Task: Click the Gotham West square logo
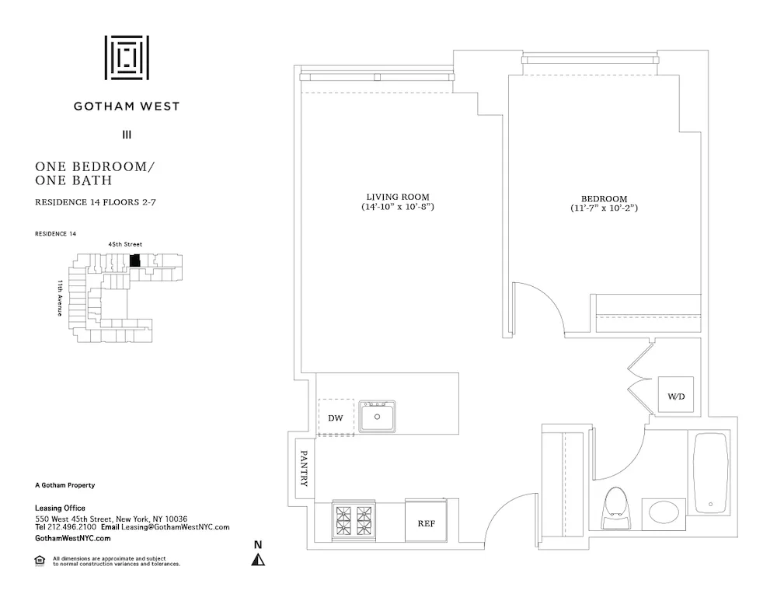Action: pyautogui.click(x=127, y=58)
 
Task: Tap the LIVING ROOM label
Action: pyautogui.click(x=398, y=197)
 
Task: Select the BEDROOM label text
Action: pyautogui.click(x=603, y=199)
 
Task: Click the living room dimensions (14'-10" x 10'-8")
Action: pyautogui.click(x=398, y=208)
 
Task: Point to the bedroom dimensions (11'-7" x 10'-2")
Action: pyautogui.click(x=603, y=209)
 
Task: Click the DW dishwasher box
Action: pyautogui.click(x=336, y=418)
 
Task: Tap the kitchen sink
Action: pyautogui.click(x=378, y=418)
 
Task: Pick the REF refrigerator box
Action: pyautogui.click(x=427, y=522)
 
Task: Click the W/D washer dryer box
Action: pyautogui.click(x=676, y=397)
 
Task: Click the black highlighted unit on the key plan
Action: pyautogui.click(x=135, y=261)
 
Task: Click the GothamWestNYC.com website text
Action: pyautogui.click(x=73, y=538)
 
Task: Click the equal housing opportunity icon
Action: pyautogui.click(x=40, y=559)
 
